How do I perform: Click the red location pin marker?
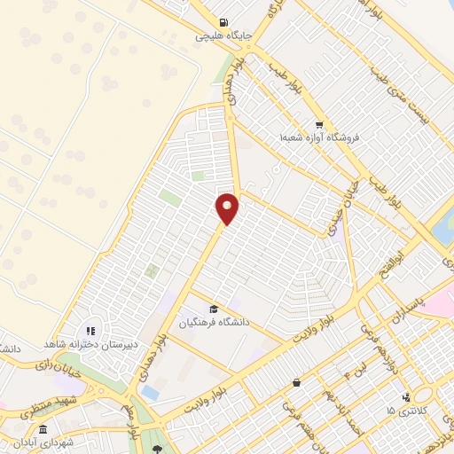pyautogui.click(x=229, y=207)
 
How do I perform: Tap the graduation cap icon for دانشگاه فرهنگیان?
pyautogui.click(x=213, y=309)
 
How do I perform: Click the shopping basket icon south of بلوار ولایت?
pyautogui.click(x=296, y=383)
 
